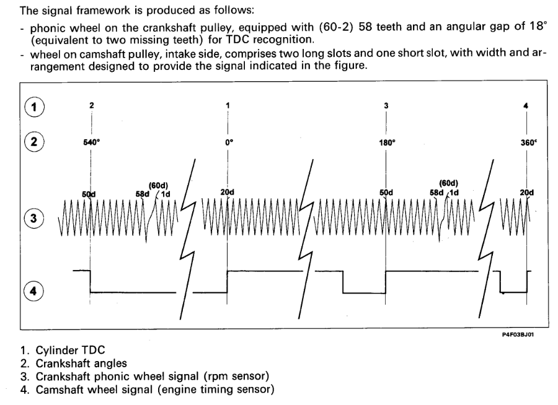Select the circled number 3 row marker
point(34,218)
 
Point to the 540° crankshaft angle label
point(91,142)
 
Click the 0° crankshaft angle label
point(228,142)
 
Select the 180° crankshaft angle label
point(386,142)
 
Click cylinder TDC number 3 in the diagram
point(386,105)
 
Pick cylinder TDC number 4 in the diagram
point(526,105)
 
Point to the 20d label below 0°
point(228,192)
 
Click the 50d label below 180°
point(386,192)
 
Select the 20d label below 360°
point(527,192)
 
